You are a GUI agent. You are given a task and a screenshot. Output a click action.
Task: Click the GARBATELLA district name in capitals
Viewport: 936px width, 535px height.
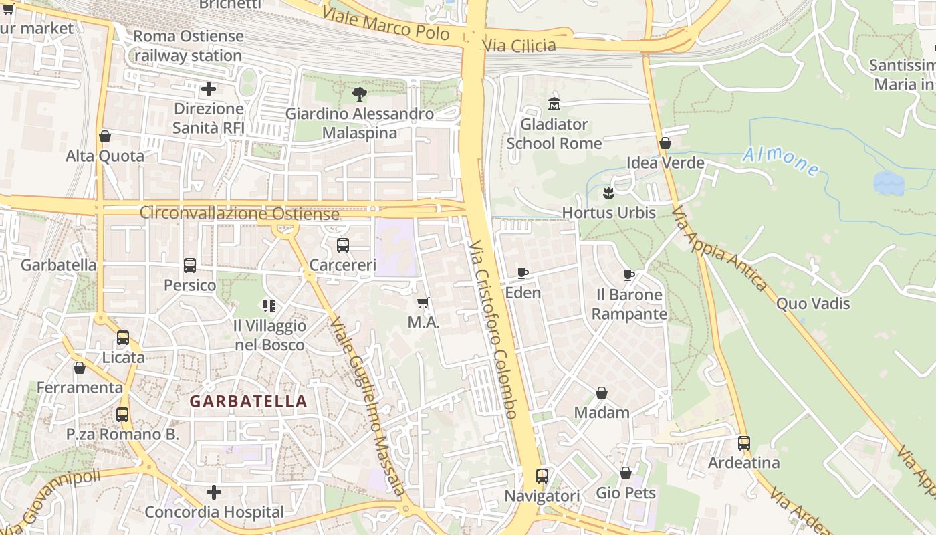[248, 401]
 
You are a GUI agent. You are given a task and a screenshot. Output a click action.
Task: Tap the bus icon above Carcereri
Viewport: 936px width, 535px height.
[343, 245]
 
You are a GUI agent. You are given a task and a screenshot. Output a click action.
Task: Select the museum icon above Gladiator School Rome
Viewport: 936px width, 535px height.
[554, 104]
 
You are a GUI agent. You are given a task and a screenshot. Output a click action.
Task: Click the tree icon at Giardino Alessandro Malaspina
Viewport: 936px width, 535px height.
[360, 94]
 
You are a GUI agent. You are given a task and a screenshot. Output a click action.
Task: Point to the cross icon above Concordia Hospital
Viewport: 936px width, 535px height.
[214, 493]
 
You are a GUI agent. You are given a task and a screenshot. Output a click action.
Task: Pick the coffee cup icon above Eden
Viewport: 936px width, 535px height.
[523, 273]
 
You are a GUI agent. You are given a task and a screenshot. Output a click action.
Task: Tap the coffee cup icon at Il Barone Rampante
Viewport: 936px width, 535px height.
[629, 275]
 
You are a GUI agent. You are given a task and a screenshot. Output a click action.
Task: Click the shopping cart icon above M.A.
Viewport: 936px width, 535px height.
[423, 303]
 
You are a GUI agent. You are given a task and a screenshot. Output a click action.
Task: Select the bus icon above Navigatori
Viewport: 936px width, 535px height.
[542, 476]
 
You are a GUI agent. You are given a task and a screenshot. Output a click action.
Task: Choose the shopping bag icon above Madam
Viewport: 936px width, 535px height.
[602, 393]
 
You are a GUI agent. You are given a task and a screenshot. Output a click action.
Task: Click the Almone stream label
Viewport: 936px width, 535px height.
[781, 161]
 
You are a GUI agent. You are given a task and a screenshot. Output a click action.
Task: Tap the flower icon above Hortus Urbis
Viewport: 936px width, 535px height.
[608, 193]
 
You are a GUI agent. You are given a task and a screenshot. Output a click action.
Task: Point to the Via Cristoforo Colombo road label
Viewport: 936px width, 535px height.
[493, 329]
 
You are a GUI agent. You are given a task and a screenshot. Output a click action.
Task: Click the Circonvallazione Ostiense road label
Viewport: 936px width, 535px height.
[239, 214]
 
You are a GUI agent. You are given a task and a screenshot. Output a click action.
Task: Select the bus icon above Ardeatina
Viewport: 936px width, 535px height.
[744, 443]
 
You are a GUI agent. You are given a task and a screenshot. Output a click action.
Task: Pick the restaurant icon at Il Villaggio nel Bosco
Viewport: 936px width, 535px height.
[269, 306]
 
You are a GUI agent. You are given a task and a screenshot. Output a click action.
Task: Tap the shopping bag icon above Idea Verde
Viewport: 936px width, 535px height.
[665, 143]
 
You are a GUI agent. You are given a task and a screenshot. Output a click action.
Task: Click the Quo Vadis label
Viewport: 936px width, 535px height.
[812, 304]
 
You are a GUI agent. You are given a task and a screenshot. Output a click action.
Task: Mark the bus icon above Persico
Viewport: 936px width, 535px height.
[190, 265]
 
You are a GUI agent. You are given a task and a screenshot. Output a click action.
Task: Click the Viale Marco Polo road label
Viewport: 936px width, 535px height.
[385, 23]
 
